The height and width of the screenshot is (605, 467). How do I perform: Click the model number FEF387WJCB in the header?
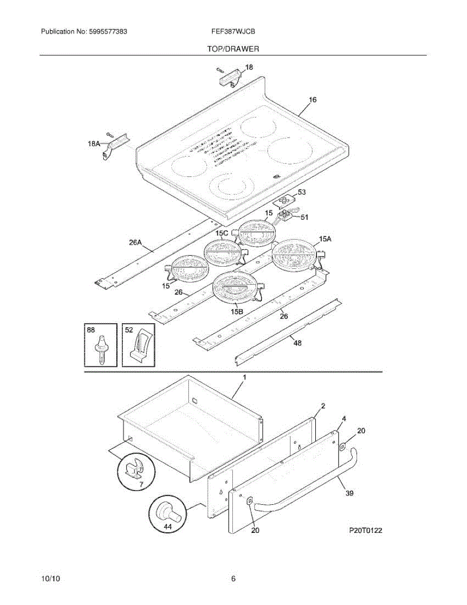coord(233,31)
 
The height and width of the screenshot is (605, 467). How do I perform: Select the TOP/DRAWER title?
coord(233,49)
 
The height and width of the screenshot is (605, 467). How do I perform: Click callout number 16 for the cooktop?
coord(312,100)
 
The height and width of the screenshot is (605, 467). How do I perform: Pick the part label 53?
coord(302,192)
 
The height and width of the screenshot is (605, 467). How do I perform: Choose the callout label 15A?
coord(325,239)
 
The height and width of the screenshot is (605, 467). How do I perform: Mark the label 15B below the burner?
coord(237,312)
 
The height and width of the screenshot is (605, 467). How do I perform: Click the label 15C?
coord(223,233)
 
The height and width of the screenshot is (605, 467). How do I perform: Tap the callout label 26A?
coord(136,243)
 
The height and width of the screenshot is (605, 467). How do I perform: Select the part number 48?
coord(298,343)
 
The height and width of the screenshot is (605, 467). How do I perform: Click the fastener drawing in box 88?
coord(101,349)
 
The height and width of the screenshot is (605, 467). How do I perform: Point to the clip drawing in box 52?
coord(139,348)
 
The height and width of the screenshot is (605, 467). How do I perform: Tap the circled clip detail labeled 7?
coord(136,471)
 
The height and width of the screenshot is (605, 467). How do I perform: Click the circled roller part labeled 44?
coord(167,514)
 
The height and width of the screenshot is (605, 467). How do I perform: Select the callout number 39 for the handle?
coord(349,493)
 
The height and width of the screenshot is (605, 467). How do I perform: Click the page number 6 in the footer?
coord(233,579)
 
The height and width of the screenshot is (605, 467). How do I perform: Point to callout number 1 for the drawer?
coord(244,377)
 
